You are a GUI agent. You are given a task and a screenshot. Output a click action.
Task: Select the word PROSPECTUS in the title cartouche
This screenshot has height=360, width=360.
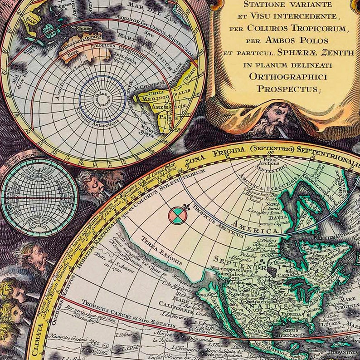click(288, 89)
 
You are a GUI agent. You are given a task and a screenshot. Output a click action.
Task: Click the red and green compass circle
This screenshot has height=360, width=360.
click(177, 216)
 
